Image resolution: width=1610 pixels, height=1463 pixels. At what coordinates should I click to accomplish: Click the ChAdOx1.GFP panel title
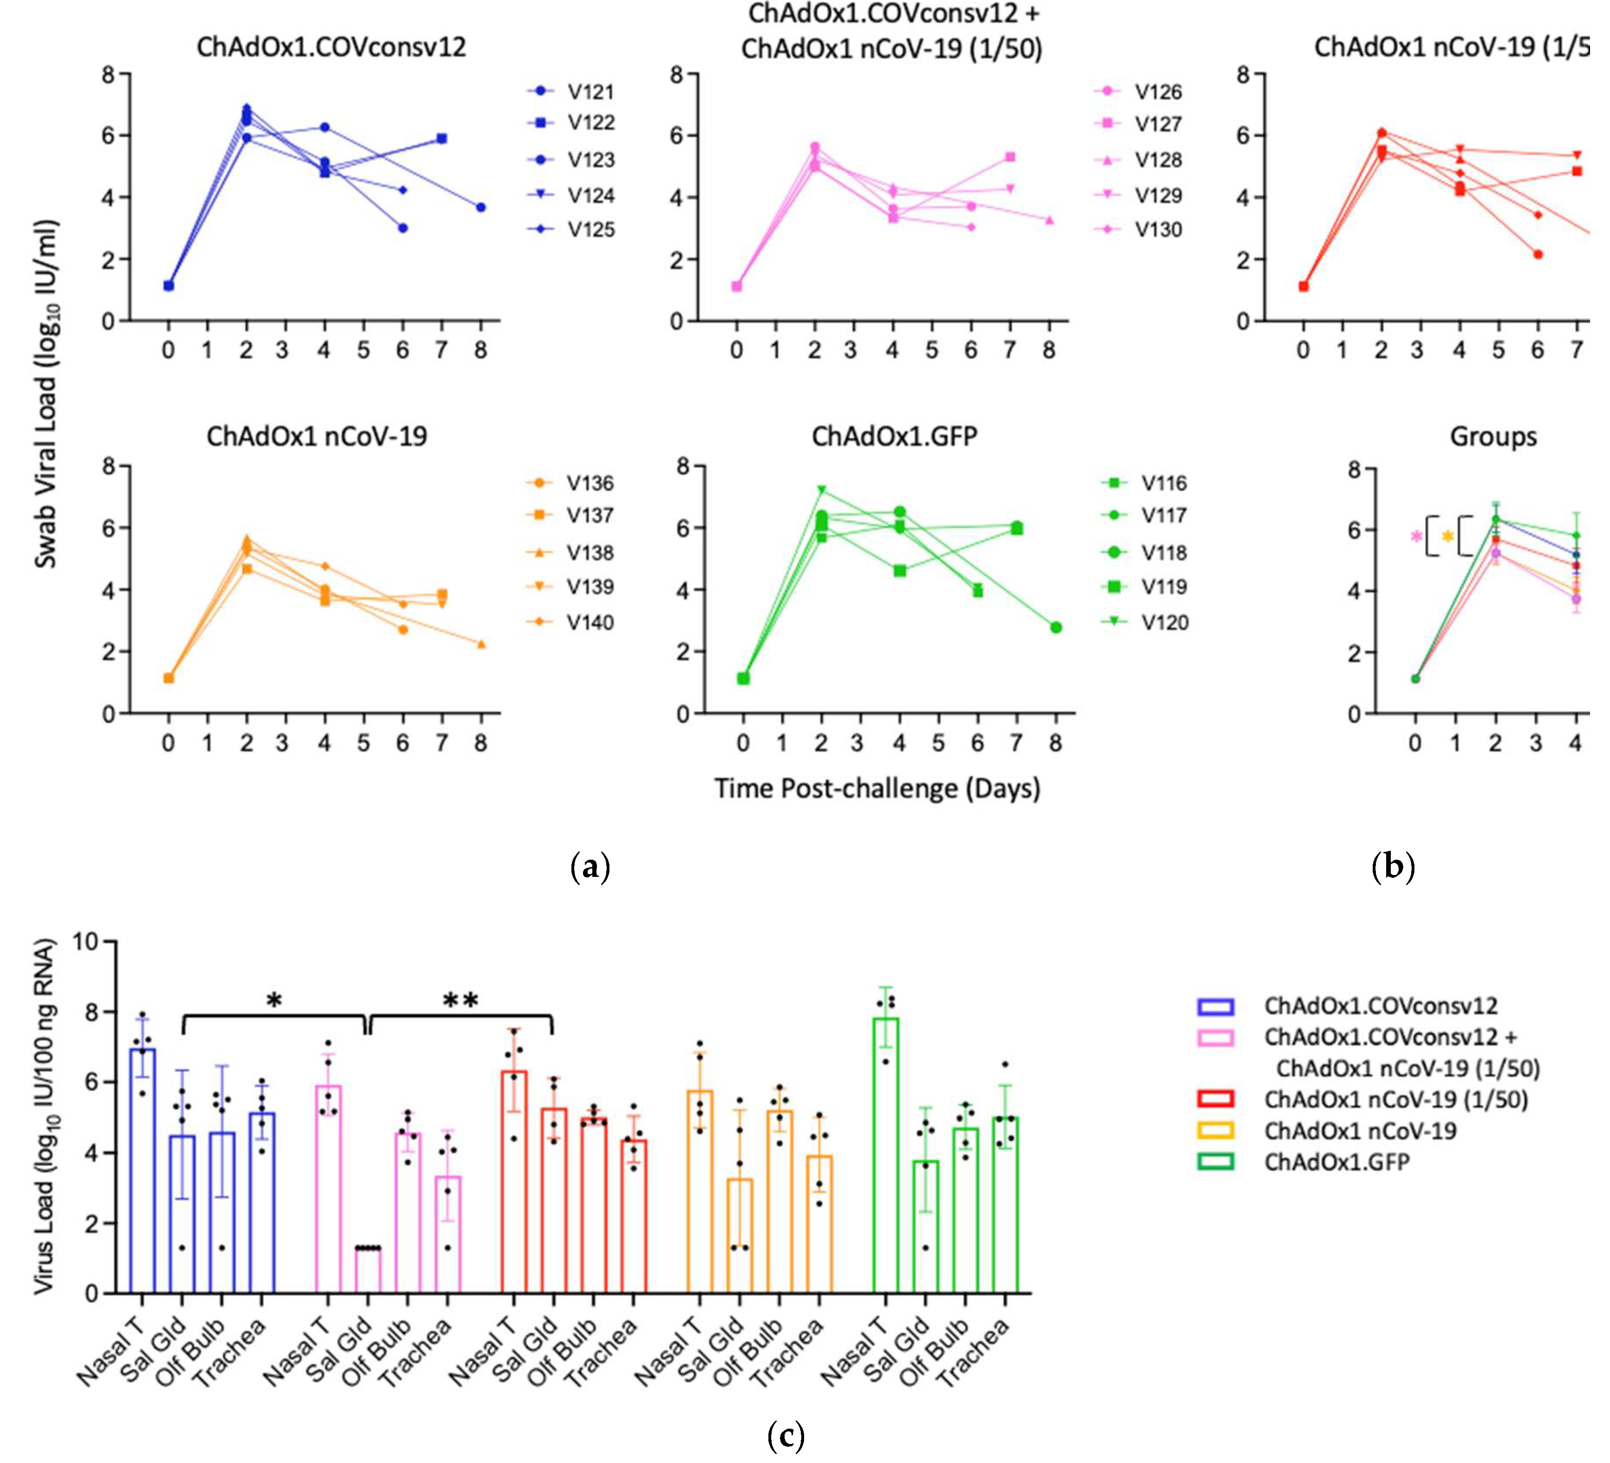(894, 436)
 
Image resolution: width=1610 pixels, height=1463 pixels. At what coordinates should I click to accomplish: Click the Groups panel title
(1493, 437)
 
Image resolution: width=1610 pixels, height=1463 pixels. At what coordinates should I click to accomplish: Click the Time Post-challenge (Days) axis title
(877, 789)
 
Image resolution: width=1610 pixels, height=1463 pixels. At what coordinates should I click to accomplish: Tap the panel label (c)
(786, 1436)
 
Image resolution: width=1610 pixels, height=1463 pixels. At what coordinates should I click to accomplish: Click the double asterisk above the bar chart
(461, 1000)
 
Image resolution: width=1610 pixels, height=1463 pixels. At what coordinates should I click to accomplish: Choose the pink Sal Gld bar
(368, 1271)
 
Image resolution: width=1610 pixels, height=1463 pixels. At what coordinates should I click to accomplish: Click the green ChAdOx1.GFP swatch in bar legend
(1216, 1162)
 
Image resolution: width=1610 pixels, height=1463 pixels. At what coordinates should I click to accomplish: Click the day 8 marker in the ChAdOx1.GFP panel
(1056, 628)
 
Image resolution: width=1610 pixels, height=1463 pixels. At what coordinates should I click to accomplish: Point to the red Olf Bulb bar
(593, 1205)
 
